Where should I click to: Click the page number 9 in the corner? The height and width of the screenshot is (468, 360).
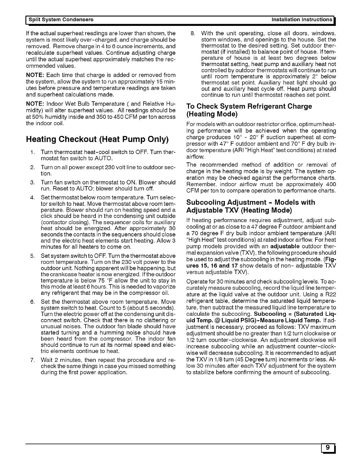click(327, 447)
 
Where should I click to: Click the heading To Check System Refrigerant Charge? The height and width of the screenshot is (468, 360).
click(249, 106)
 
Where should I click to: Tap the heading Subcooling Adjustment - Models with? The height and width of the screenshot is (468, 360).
click(250, 202)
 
